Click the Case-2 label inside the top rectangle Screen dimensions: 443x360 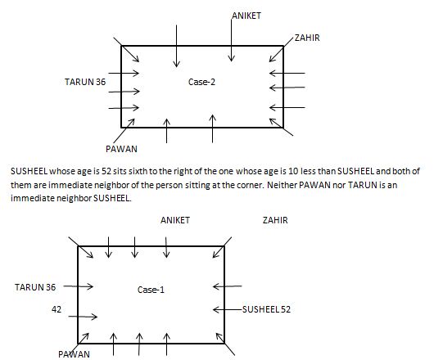201,82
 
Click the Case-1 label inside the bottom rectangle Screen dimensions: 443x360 151,290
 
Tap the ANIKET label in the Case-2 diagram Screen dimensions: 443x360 246,16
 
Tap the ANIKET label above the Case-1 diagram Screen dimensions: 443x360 175,220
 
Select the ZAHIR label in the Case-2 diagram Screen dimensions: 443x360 307,38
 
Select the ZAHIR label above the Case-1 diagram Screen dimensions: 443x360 275,220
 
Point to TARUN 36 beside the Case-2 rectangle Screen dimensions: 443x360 85,82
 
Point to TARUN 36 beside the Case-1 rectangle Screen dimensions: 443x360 35,287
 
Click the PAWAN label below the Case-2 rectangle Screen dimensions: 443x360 121,149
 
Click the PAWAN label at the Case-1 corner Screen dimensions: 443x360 74,354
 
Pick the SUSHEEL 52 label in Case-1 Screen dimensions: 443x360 266,309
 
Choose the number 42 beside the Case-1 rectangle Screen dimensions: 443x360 57,309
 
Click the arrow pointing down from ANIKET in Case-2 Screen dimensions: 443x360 232,40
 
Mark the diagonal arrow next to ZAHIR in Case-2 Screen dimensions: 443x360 281,49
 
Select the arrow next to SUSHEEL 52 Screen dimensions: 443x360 228,310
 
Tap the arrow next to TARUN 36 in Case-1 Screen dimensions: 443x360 79,286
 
